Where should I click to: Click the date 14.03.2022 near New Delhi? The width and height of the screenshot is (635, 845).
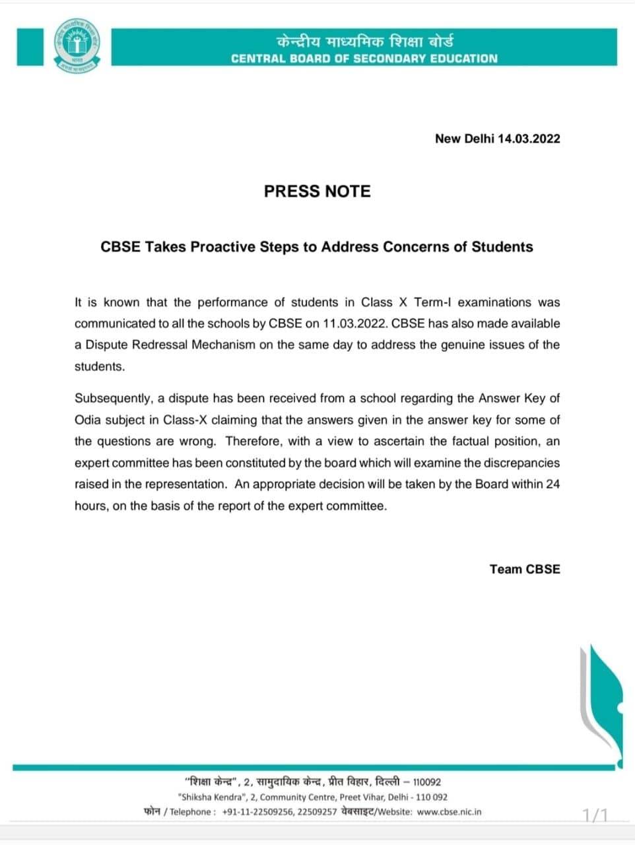tap(529, 139)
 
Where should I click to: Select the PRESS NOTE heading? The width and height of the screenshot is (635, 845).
tap(317, 191)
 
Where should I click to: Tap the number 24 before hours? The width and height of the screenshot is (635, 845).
tap(552, 484)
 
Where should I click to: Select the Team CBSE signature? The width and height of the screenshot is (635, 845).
tap(525, 569)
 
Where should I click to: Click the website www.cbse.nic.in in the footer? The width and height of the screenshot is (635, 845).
tap(450, 811)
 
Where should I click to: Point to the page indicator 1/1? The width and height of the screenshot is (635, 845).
tap(595, 815)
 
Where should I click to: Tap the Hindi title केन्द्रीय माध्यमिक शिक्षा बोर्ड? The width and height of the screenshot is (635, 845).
tap(364, 41)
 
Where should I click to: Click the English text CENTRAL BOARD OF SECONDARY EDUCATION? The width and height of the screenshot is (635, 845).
tap(364, 58)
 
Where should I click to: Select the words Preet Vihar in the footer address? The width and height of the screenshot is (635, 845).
tap(361, 797)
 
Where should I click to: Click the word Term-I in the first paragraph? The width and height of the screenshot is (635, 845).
tap(433, 302)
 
